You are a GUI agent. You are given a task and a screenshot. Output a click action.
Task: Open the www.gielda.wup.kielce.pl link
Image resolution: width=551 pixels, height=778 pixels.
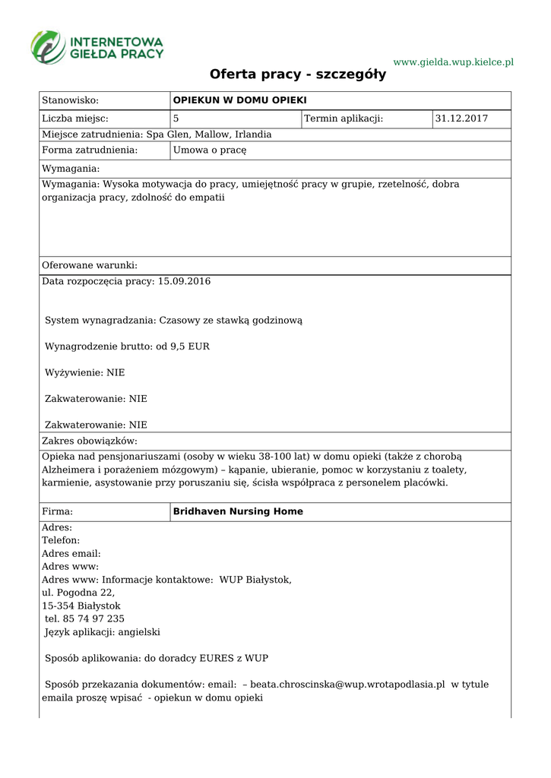453,62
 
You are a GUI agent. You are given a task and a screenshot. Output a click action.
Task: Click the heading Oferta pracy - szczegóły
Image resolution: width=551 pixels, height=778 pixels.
298,74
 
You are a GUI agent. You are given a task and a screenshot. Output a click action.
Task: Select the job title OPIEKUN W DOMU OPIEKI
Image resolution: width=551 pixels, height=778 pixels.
239,100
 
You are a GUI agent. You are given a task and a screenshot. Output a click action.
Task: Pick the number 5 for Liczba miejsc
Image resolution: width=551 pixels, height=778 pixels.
176,119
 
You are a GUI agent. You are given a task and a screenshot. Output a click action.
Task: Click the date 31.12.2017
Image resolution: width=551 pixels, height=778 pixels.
461,119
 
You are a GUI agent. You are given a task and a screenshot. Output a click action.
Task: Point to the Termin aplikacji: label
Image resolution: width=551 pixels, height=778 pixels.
344,119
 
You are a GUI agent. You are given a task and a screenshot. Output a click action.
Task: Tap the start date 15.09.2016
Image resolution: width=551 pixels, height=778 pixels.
184,281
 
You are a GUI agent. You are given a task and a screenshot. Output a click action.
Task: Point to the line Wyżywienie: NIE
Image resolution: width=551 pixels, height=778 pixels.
85,372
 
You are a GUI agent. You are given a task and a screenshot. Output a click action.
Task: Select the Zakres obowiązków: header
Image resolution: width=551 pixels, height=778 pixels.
89,441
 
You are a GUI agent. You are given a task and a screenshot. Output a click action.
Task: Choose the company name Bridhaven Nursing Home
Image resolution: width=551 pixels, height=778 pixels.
238,511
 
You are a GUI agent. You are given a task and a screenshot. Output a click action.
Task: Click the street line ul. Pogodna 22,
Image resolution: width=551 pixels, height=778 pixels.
78,592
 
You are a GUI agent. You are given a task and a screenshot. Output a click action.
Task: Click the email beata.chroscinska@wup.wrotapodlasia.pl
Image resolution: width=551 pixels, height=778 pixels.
347,684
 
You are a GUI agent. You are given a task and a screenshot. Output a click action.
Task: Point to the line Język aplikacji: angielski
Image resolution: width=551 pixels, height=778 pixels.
103,631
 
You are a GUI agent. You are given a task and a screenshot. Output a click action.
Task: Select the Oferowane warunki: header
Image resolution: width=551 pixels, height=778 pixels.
90,265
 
